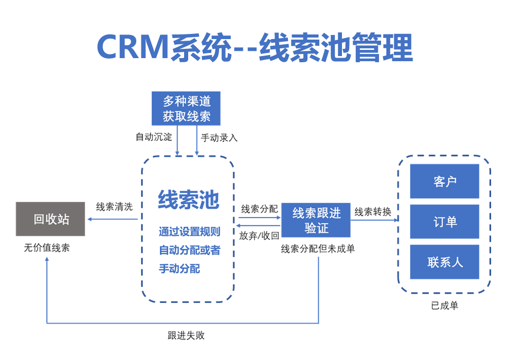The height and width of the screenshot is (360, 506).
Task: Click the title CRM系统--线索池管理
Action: (x=255, y=47)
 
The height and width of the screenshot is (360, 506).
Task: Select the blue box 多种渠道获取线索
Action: (x=186, y=109)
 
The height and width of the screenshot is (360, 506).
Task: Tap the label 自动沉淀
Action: (x=154, y=137)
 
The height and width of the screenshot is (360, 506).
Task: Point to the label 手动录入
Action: (x=219, y=138)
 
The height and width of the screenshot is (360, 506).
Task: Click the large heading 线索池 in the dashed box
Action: (x=188, y=200)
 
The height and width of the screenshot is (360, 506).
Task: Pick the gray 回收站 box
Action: (x=50, y=219)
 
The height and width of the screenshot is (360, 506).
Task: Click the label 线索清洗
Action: (x=114, y=207)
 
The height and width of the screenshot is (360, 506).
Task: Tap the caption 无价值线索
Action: (x=47, y=248)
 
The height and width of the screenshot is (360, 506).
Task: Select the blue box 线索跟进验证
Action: (x=316, y=220)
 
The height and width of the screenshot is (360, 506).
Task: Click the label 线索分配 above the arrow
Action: (x=260, y=209)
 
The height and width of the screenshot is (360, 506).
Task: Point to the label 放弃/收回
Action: (x=259, y=236)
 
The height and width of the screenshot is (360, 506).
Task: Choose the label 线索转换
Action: (x=373, y=212)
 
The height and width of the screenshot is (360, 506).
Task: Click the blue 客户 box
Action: (x=444, y=182)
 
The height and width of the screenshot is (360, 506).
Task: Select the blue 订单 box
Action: (x=444, y=222)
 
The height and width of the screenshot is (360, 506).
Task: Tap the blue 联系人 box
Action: (x=444, y=262)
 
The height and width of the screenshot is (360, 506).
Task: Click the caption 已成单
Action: (x=444, y=305)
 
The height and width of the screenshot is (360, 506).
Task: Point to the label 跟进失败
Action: (x=186, y=335)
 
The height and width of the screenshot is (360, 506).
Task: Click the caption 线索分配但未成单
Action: (x=318, y=248)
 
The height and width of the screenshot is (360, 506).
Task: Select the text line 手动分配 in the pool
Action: (x=179, y=268)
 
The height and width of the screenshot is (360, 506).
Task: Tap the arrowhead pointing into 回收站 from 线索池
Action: (x=89, y=219)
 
